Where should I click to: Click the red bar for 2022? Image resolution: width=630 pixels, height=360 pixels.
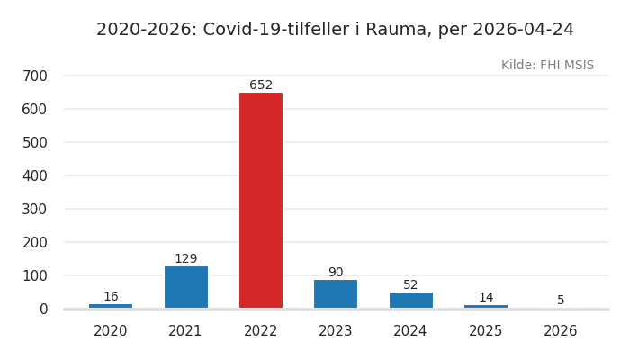[261, 201]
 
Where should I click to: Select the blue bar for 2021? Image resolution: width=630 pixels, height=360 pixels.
[186, 287]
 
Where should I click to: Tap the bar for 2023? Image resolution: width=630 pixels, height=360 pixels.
[336, 294]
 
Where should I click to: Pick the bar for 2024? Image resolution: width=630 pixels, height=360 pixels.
[410, 301]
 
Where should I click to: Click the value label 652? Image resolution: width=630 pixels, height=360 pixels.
[261, 85]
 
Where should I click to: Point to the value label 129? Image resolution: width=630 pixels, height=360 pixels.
[186, 259]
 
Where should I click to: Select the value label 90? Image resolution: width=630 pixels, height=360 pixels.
[336, 273]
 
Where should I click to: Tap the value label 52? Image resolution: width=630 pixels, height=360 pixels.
[410, 285]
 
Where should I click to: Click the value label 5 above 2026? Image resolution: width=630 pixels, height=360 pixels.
[561, 301]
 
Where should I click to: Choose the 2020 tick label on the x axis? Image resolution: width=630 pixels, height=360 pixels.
[111, 331]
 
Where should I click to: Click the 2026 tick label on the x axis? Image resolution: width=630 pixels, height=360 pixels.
[561, 331]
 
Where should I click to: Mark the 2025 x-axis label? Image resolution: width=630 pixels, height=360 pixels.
[486, 331]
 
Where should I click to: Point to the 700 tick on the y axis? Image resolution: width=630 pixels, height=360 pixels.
[35, 76]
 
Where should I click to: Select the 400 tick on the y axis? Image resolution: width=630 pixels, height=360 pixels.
[35, 175]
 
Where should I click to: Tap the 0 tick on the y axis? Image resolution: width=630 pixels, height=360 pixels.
[43, 309]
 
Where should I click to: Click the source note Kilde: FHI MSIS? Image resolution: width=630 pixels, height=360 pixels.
[547, 66]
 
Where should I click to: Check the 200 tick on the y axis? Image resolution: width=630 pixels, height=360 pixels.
[35, 242]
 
